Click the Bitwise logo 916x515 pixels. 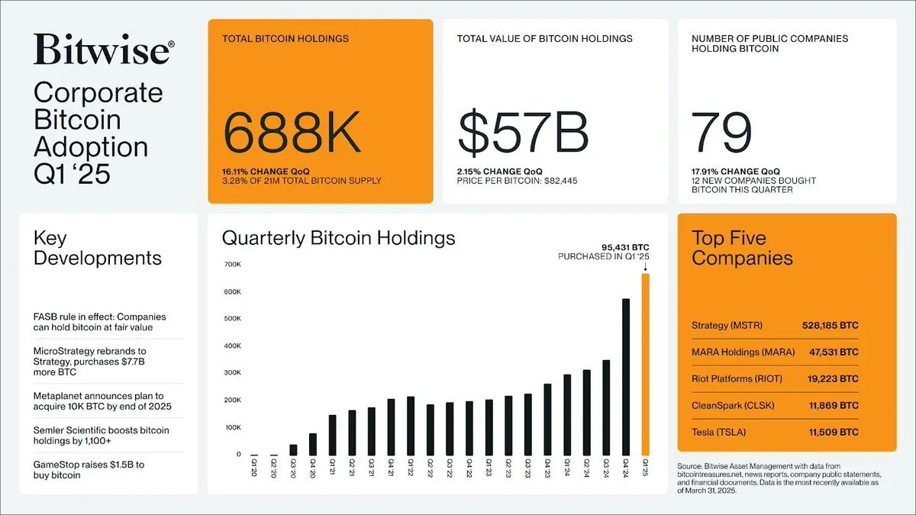pyautogui.click(x=104, y=50)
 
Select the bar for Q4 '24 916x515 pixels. pyautogui.click(x=626, y=377)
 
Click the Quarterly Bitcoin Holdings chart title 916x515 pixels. pyautogui.click(x=338, y=238)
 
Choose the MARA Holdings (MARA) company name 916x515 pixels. pyautogui.click(x=743, y=352)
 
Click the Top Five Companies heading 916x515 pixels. pyautogui.click(x=742, y=247)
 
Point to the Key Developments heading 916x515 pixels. pyautogui.click(x=98, y=248)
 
